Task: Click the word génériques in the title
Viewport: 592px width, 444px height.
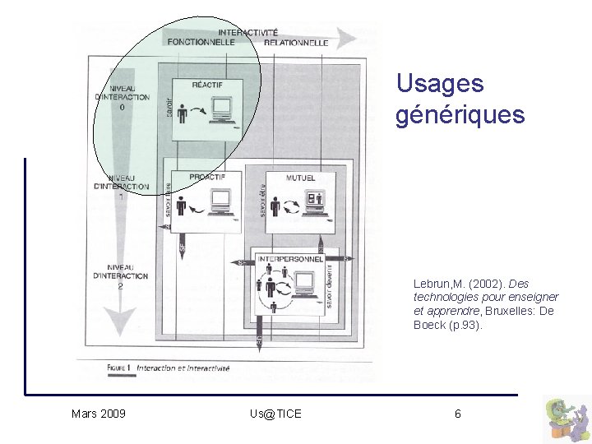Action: (x=460, y=115)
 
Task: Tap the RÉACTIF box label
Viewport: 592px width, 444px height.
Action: (x=206, y=84)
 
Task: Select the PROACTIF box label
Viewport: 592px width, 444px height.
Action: (x=207, y=177)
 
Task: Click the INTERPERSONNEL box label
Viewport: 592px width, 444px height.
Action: (x=289, y=258)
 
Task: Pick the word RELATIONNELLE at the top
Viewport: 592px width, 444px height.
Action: (x=296, y=42)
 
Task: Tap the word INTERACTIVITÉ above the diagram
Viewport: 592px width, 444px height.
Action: (x=247, y=32)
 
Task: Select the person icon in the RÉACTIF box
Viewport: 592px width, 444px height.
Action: (x=182, y=113)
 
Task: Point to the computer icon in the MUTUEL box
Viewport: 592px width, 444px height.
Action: (x=316, y=201)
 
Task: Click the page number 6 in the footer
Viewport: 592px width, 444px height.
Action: (x=458, y=414)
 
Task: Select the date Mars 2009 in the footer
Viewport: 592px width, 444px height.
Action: (x=99, y=414)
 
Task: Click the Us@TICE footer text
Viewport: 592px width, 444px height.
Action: (x=275, y=414)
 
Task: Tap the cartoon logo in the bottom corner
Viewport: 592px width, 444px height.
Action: (x=567, y=419)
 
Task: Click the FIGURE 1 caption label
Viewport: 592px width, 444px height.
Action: (x=119, y=368)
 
